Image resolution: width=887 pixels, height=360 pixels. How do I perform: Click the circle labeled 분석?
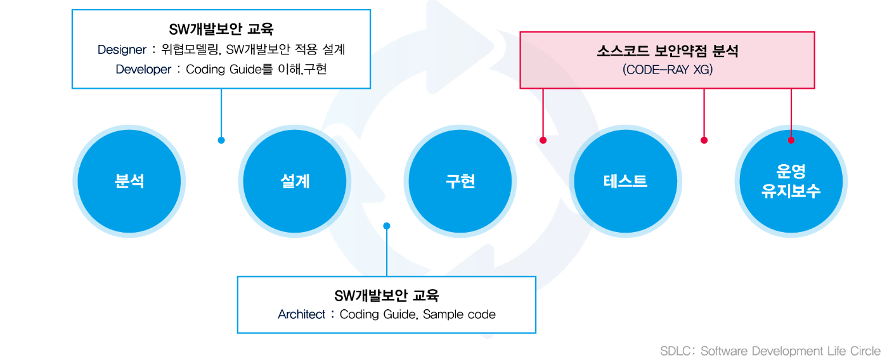point(129,181)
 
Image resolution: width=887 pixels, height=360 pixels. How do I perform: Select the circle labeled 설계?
point(295,181)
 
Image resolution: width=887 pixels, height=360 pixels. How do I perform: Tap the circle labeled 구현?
point(460,181)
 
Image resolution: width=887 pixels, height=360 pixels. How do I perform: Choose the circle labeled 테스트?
point(626,181)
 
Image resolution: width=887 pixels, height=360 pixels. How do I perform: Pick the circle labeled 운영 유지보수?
point(791,181)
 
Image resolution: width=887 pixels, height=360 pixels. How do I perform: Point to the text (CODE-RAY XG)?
point(668,70)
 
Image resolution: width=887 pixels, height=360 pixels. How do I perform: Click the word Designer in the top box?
point(122,49)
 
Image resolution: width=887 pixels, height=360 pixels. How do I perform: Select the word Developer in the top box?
point(143,70)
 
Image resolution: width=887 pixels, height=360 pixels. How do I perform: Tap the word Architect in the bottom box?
point(301,314)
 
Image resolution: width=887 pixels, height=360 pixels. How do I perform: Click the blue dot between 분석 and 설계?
point(221,140)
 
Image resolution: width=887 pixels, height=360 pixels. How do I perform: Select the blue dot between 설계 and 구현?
point(387,226)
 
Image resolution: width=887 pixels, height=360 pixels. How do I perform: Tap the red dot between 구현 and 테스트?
point(543,140)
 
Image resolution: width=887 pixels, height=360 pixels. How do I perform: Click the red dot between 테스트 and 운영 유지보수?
point(704,140)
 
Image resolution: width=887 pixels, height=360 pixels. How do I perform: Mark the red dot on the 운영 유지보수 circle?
point(791,140)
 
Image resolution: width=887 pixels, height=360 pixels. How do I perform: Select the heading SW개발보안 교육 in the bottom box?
point(386,296)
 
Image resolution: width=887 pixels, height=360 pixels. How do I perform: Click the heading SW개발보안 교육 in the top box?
point(221,30)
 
